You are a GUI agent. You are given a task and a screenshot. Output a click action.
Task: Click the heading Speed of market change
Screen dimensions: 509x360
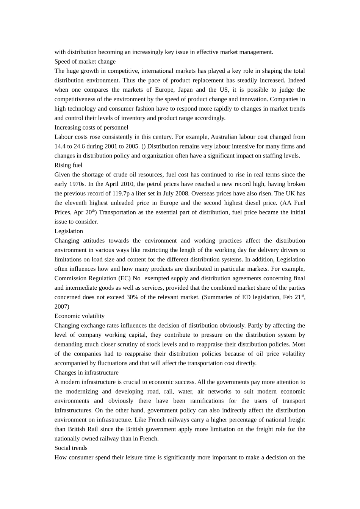(85, 61)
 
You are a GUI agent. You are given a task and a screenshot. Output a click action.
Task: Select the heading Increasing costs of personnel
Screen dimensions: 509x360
(91, 127)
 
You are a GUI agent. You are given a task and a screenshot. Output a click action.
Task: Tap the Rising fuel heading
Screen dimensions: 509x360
(68, 165)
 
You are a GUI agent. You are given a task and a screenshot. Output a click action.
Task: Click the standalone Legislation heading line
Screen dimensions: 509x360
(69, 231)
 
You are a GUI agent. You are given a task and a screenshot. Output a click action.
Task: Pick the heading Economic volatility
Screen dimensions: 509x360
(80, 316)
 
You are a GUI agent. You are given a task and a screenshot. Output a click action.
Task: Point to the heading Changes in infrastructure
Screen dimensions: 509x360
(86, 373)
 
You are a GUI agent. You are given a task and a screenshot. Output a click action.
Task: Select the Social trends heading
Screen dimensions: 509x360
(71, 448)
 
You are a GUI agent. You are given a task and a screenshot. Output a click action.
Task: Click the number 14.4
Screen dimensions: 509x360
(60, 146)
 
